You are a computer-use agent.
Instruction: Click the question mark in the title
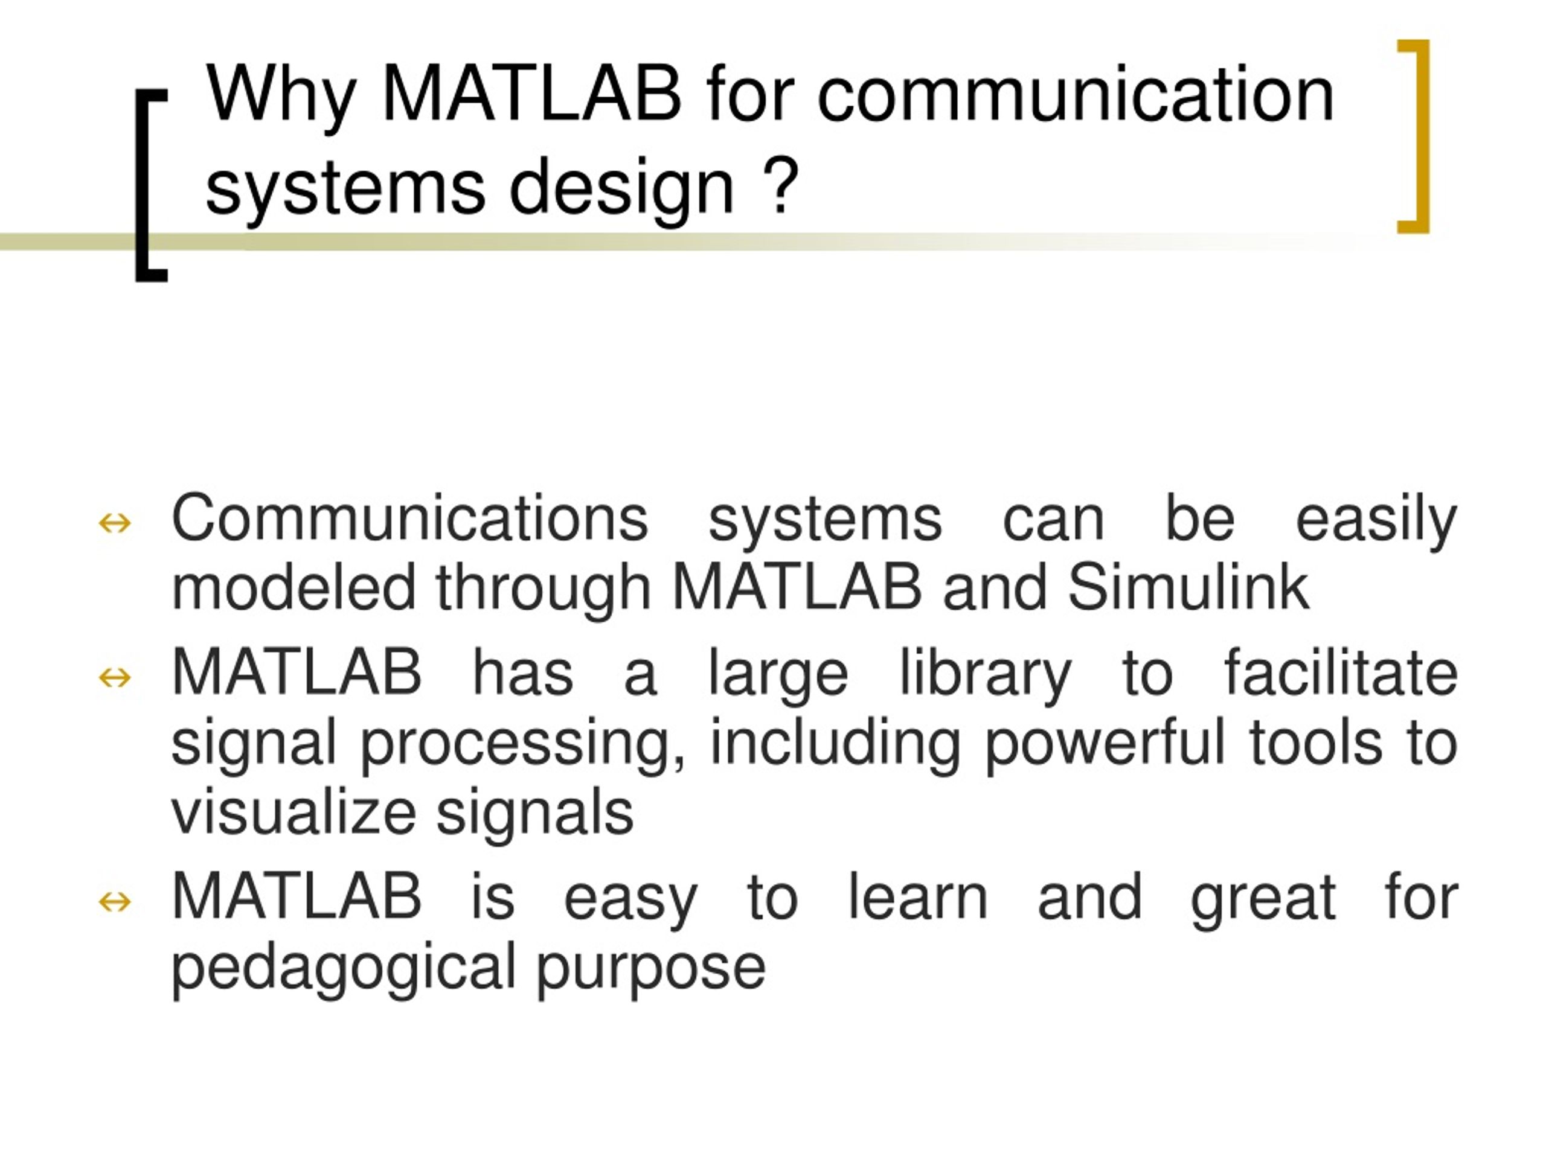click(781, 185)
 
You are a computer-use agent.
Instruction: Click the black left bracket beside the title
click(147, 185)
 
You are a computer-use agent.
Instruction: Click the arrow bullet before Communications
click(115, 523)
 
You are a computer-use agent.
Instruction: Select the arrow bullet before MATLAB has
click(115, 677)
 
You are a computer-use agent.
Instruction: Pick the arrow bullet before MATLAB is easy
click(115, 901)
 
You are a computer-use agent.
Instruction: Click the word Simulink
click(1187, 587)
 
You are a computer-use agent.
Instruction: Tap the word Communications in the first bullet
click(409, 519)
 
